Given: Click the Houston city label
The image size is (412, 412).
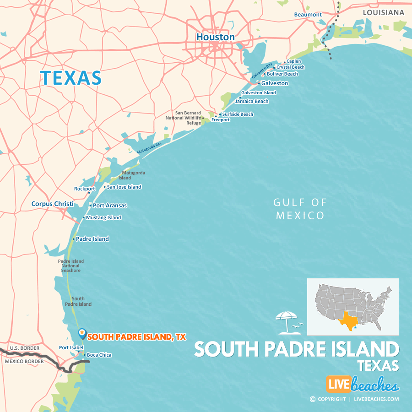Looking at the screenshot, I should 215,37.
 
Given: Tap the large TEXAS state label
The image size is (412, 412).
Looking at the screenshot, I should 71,78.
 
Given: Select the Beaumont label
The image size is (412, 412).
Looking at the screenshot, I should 308,15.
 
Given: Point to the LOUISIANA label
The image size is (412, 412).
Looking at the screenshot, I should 384,12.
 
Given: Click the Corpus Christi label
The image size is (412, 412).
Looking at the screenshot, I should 53,204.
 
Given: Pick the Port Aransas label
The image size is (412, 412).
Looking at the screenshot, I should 110,206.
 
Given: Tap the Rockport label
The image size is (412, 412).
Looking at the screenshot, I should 85,189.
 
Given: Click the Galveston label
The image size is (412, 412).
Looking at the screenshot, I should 275,83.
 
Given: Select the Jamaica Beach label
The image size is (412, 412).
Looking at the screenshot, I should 252,101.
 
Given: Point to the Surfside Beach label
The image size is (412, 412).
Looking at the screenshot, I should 238,114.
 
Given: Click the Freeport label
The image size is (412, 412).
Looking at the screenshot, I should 221,120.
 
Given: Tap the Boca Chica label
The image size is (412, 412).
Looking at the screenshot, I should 99,355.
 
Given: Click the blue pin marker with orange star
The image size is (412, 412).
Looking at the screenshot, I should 82,333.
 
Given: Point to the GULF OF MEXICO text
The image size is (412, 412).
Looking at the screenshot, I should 300,209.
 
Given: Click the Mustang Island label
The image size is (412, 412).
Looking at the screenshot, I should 103,217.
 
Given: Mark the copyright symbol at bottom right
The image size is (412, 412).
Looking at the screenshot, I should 313,399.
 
